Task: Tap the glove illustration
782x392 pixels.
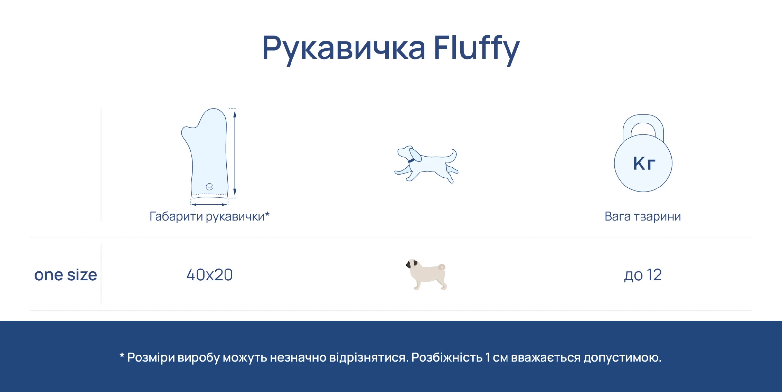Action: click(x=205, y=153)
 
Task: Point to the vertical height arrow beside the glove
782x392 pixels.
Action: click(x=235, y=153)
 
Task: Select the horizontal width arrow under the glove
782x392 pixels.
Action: click(x=209, y=205)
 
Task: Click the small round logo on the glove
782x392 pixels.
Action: click(x=209, y=187)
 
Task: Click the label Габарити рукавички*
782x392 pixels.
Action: click(x=209, y=217)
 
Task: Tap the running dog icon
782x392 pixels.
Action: click(x=426, y=164)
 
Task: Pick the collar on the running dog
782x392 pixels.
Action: click(x=411, y=160)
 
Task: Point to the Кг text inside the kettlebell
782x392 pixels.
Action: click(x=644, y=163)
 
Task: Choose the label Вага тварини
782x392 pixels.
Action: click(x=643, y=216)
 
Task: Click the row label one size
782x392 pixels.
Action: click(x=66, y=275)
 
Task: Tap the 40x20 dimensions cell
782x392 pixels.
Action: click(x=209, y=275)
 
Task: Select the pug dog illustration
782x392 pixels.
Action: click(x=426, y=274)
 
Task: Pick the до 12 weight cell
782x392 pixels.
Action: click(x=643, y=275)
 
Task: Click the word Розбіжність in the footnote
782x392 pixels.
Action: click(x=447, y=357)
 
